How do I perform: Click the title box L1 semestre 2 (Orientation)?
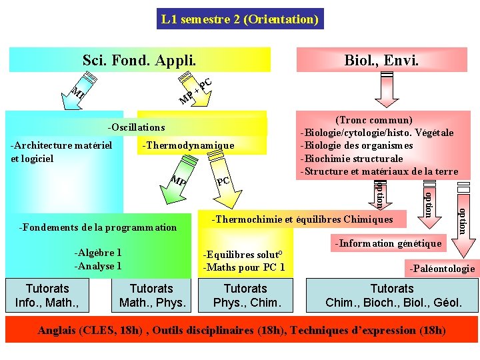[239, 19]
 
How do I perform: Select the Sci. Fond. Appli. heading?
[139, 60]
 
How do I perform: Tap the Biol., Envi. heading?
[381, 60]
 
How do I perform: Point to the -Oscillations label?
[136, 127]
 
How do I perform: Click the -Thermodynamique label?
[188, 145]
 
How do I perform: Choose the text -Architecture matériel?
[61, 145]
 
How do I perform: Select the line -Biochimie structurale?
[352, 159]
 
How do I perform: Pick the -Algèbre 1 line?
[97, 253]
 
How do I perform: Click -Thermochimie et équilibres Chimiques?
[302, 219]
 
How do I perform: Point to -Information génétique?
[388, 243]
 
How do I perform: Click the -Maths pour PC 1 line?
[244, 268]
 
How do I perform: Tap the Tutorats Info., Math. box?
[47, 295]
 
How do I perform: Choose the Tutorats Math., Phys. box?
[151, 295]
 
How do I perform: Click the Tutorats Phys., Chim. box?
[245, 295]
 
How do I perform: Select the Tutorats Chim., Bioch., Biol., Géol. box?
[392, 295]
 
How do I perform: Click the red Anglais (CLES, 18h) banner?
[241, 330]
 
